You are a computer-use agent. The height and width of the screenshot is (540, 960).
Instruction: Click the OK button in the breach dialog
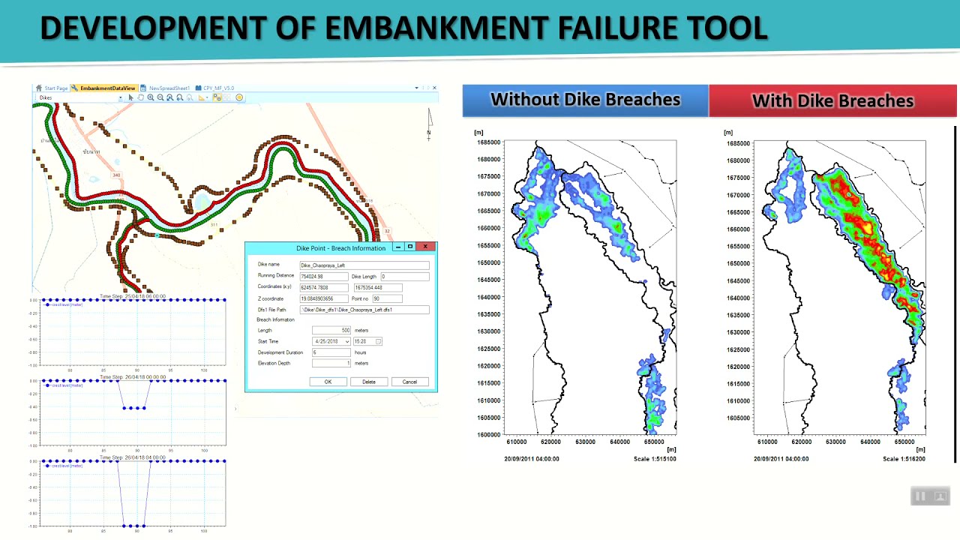(x=328, y=382)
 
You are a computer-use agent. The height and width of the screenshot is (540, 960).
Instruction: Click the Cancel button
(x=409, y=382)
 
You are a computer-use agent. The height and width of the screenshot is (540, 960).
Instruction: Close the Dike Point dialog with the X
(x=425, y=247)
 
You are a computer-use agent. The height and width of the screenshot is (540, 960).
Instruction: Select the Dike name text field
(x=364, y=265)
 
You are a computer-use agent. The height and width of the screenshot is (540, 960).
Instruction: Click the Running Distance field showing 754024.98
(x=324, y=276)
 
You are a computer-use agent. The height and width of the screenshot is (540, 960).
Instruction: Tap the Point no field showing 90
(x=387, y=298)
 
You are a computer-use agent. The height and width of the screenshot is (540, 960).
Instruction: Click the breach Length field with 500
(x=331, y=330)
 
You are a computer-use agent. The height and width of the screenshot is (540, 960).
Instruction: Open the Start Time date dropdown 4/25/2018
(x=347, y=341)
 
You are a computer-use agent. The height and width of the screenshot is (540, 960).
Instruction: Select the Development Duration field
(x=331, y=352)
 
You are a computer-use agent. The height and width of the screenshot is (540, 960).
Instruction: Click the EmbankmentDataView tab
(x=107, y=88)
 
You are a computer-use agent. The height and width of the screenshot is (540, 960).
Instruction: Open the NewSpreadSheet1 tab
(x=169, y=88)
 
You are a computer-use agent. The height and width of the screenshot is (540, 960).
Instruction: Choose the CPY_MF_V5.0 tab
(x=218, y=88)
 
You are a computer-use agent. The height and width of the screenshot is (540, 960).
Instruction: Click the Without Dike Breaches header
(x=585, y=100)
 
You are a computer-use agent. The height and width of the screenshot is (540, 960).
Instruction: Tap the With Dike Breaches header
(x=832, y=100)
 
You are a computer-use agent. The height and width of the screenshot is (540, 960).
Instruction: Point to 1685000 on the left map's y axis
(x=488, y=142)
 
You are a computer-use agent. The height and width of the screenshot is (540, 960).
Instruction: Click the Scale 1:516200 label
(x=904, y=458)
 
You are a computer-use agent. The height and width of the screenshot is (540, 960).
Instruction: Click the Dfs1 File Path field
(x=364, y=310)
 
